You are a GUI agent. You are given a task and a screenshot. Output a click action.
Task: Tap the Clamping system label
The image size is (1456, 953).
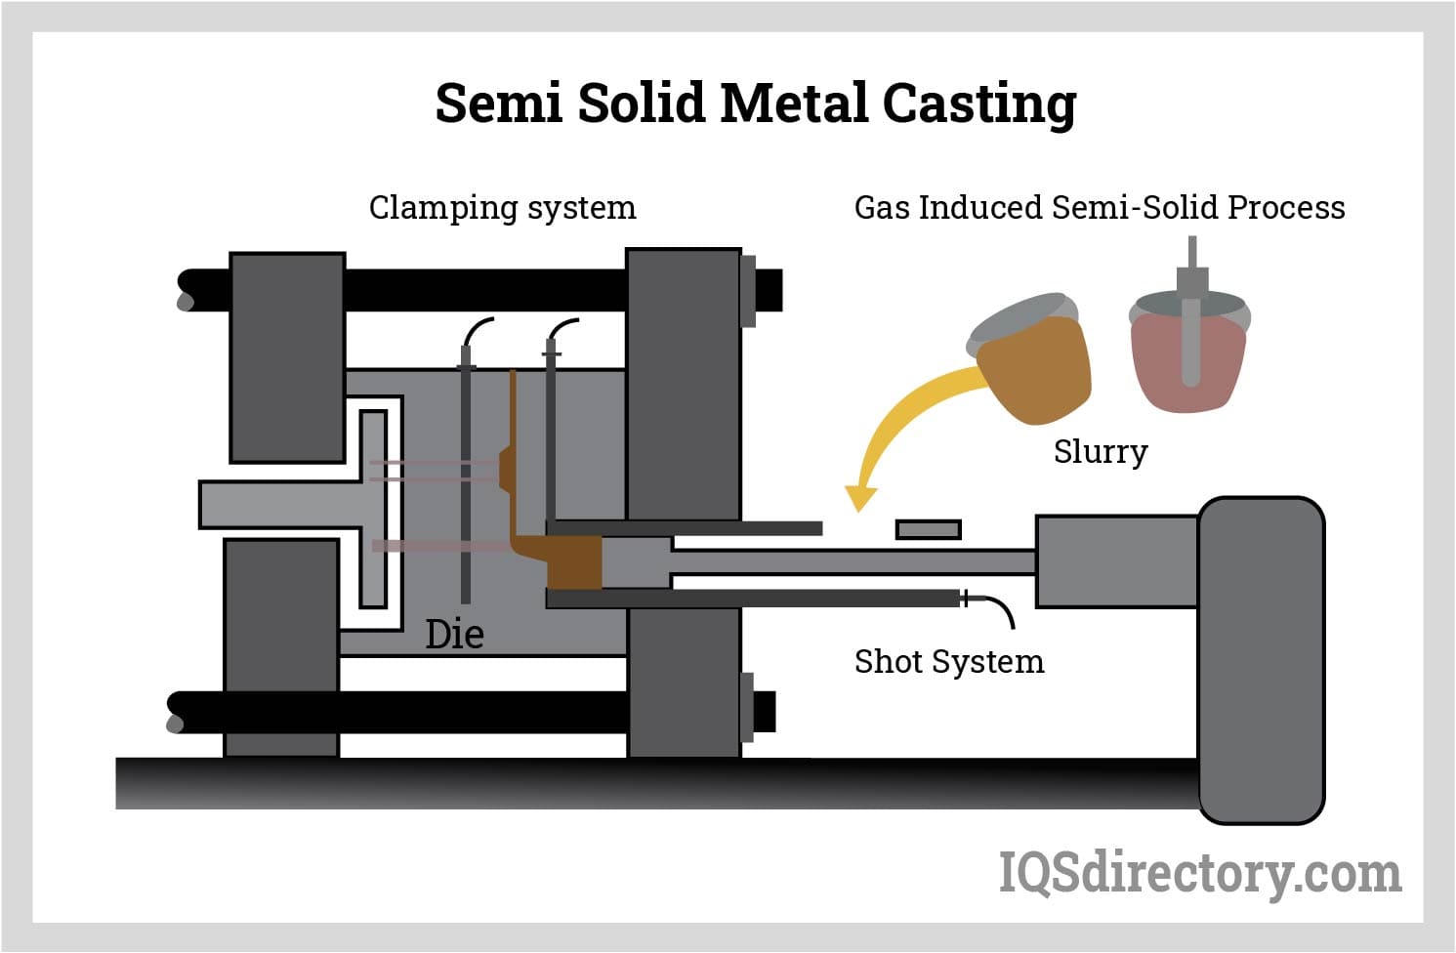click(x=502, y=208)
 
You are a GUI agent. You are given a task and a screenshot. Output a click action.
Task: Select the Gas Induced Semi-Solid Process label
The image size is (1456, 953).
click(x=1099, y=208)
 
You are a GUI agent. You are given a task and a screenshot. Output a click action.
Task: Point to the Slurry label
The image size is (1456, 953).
click(x=1100, y=451)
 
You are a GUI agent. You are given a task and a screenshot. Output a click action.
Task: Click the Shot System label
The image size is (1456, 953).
click(x=948, y=662)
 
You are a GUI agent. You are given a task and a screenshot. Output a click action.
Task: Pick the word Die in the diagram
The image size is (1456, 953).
click(x=454, y=635)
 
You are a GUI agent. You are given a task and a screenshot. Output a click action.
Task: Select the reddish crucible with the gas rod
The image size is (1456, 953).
click(x=1188, y=356)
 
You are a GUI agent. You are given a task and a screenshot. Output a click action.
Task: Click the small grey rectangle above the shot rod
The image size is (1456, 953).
click(x=928, y=529)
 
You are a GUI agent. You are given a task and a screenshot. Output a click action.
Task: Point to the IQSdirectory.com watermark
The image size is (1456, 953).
click(x=1199, y=872)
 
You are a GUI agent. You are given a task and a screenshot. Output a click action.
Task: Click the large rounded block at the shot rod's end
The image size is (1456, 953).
click(x=1261, y=659)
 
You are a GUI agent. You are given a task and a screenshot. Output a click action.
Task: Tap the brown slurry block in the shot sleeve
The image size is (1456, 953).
click(x=574, y=563)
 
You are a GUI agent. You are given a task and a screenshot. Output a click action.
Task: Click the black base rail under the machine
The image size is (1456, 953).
click(x=586, y=783)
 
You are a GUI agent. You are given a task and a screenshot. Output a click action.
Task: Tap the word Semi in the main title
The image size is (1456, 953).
click(x=499, y=104)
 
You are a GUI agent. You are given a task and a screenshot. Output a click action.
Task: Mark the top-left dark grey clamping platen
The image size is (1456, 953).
click(x=287, y=356)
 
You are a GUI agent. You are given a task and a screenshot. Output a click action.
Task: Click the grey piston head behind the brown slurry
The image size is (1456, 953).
click(x=636, y=563)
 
